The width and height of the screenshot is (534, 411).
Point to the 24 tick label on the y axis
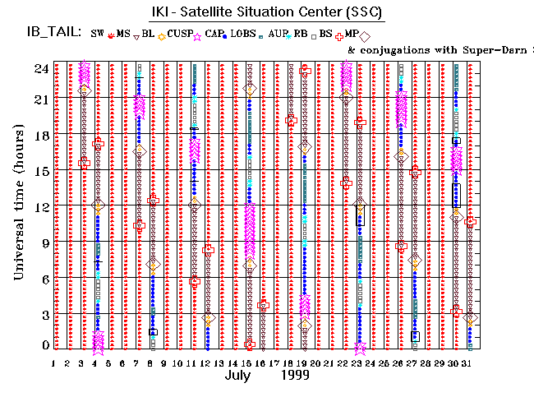click(x=41, y=69)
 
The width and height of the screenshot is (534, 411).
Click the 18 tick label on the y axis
click(x=41, y=136)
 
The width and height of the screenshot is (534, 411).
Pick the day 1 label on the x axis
click(x=53, y=363)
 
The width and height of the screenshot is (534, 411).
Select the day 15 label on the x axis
click(x=248, y=363)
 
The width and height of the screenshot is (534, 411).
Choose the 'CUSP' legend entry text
click(x=180, y=34)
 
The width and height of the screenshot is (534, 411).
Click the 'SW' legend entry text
click(x=97, y=34)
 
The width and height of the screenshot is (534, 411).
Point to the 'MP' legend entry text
click(x=351, y=34)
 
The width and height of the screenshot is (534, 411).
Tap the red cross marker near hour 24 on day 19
click(x=305, y=71)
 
